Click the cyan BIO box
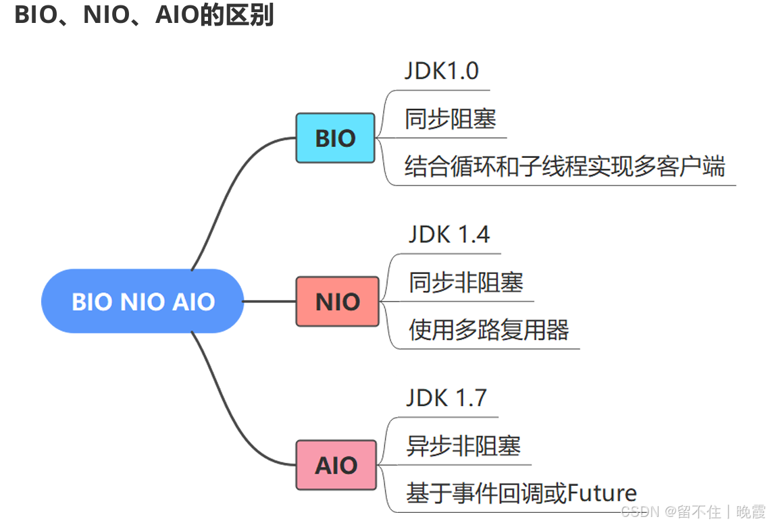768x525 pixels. tap(335, 138)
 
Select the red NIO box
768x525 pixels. tap(337, 301)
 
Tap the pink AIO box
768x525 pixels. tap(336, 464)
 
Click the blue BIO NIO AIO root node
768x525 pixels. tap(143, 301)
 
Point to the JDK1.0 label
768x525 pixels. tap(442, 71)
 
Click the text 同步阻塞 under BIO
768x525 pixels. tap(451, 119)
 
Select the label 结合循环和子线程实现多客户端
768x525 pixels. tap(564, 166)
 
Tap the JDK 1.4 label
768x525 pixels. tap(449, 234)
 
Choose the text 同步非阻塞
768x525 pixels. tap(465, 282)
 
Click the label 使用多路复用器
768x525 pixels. tap(488, 330)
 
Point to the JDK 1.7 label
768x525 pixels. tap(446, 397)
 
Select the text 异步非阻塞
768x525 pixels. tap(463, 445)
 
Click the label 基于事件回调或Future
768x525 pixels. tap(521, 493)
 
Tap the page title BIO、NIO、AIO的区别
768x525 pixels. tap(144, 15)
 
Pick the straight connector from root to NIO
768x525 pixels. tap(270, 301)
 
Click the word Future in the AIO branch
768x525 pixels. tap(602, 493)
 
